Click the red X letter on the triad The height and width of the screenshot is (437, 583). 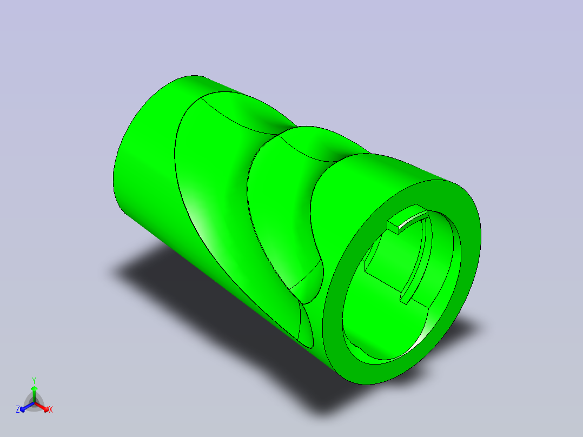(51, 409)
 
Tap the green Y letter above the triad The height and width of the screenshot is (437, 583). (34, 380)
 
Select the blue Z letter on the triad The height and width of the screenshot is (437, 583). (18, 409)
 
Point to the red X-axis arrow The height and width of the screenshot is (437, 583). (42, 407)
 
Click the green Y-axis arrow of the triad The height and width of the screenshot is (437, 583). (34, 394)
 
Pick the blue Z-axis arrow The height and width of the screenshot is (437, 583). (27, 407)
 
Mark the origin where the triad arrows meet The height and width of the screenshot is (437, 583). (34, 403)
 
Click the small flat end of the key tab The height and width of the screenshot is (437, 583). (393, 227)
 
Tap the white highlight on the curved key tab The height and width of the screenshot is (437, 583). (412, 219)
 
